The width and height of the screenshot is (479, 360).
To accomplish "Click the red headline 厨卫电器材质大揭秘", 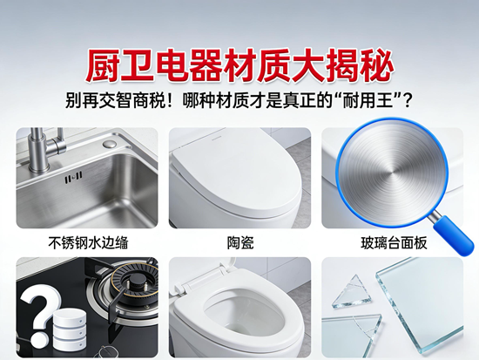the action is click(239, 66).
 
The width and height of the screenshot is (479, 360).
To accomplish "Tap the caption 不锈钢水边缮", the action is click(88, 243).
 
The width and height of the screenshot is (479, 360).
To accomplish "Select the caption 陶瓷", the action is click(240, 243).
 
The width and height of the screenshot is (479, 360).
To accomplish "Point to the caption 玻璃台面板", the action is click(394, 243).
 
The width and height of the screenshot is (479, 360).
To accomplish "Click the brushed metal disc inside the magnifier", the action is click(392, 171).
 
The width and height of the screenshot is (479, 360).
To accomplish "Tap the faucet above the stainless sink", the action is click(46, 146).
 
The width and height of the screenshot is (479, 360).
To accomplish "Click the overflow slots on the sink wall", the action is click(73, 178).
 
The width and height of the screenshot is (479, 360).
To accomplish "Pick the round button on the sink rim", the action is click(110, 144).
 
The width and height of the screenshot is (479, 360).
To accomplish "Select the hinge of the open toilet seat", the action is click(183, 288).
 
